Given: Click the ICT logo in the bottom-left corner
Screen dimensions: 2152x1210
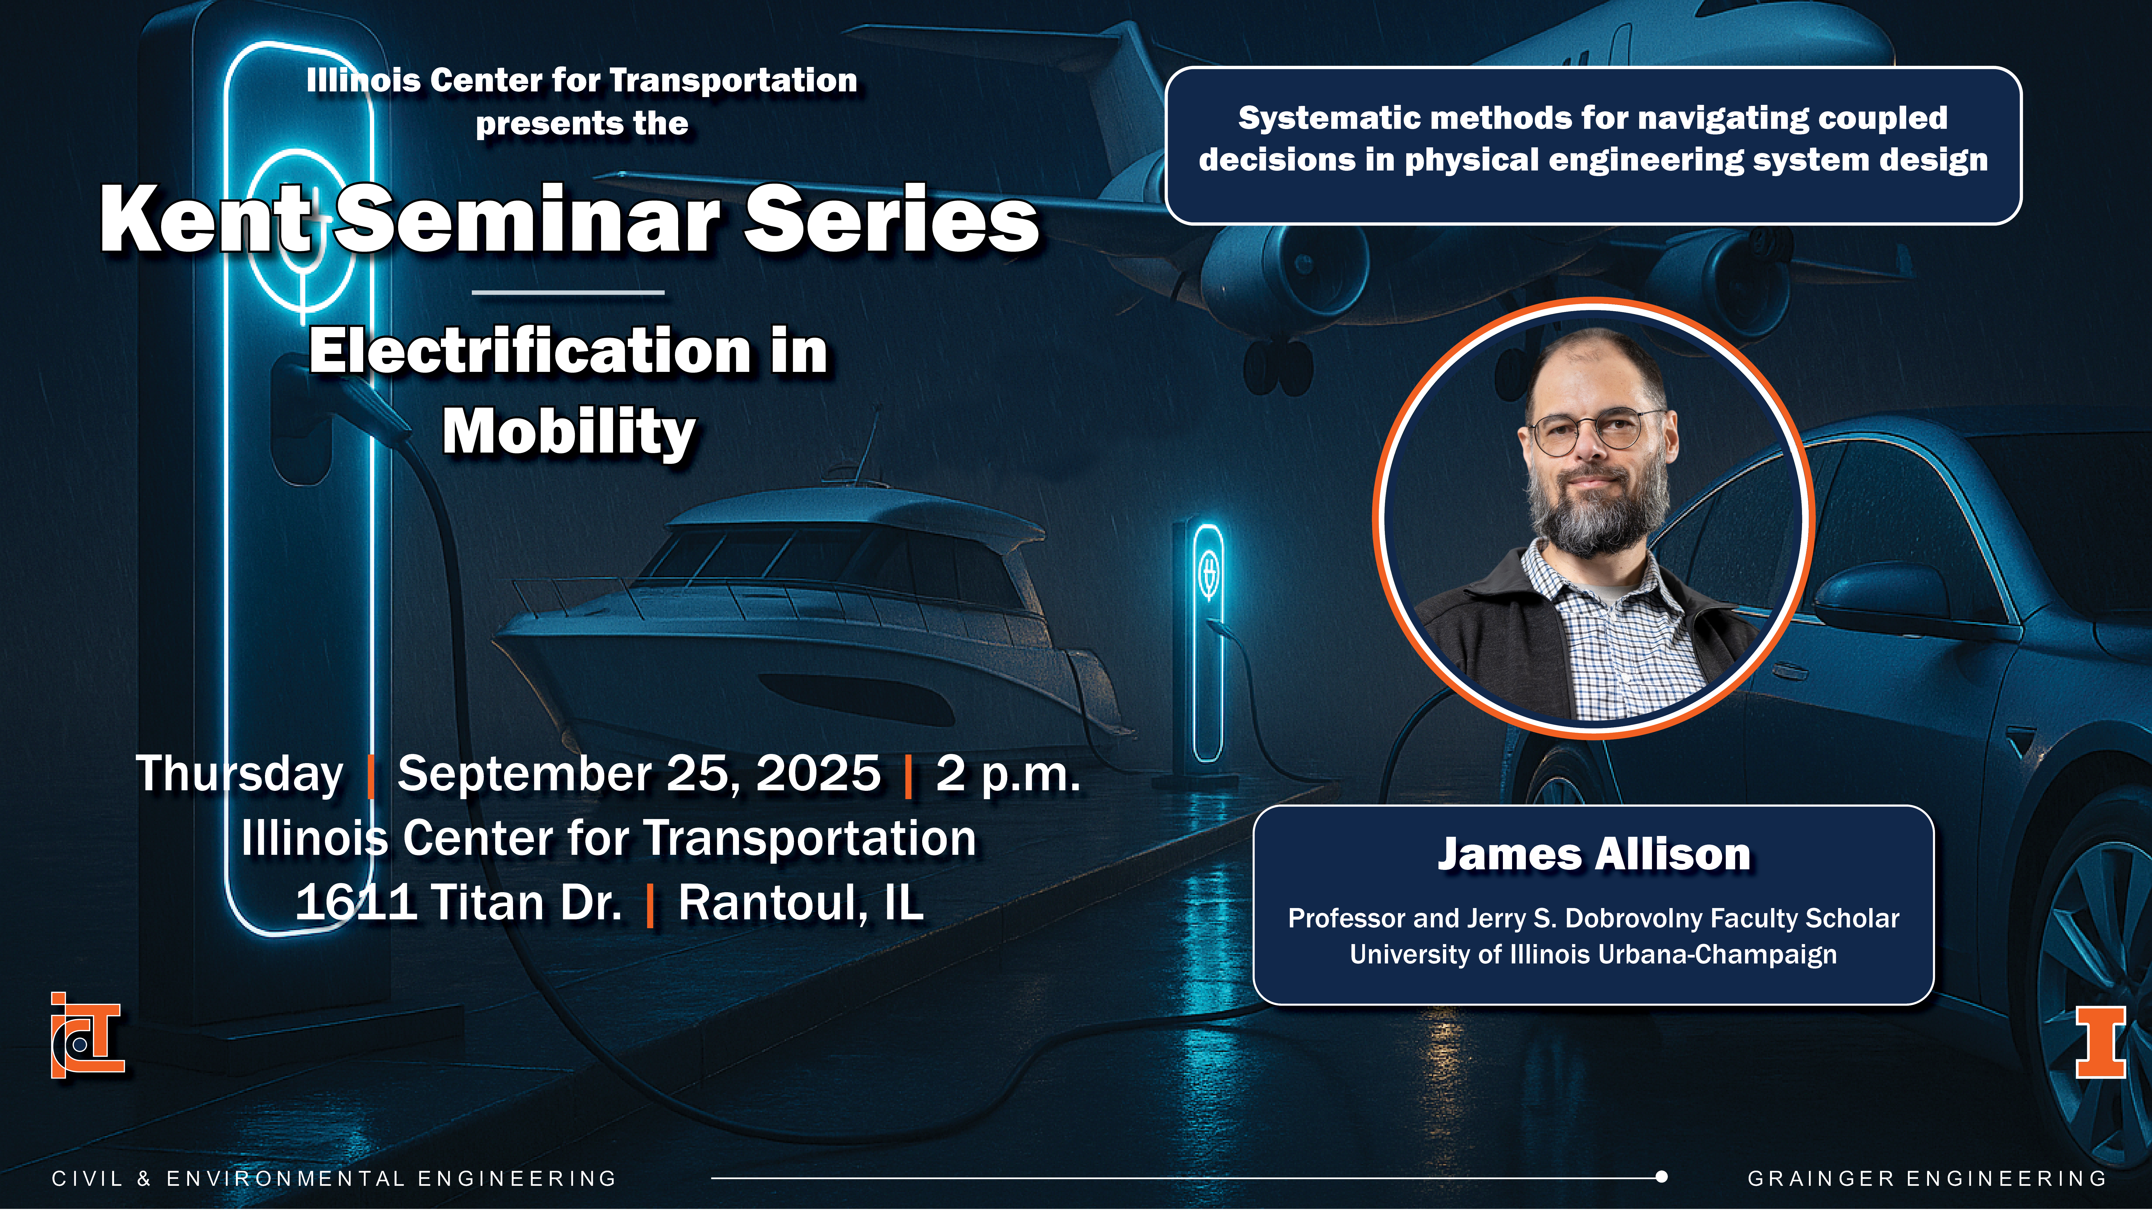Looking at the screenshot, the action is click(x=87, y=1035).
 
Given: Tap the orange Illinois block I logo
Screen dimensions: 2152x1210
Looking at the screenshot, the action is click(x=2100, y=1042).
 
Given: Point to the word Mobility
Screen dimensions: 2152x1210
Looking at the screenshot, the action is click(x=569, y=433).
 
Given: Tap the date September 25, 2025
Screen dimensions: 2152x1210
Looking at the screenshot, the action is click(x=639, y=774).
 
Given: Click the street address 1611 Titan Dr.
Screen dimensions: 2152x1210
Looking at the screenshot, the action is click(x=459, y=903).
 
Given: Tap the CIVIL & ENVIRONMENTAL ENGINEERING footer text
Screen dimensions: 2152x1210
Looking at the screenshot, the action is click(x=334, y=1178).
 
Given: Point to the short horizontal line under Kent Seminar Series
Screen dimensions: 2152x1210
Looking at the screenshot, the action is click(x=568, y=292).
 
